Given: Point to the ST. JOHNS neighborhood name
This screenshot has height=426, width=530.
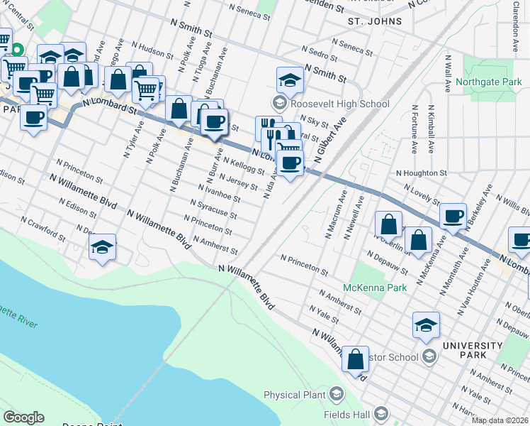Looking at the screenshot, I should [374, 21].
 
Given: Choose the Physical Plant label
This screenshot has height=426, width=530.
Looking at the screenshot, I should [293, 395].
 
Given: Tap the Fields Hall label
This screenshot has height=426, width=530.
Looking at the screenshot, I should [346, 413].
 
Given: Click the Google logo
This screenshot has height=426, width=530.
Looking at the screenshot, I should [23, 417].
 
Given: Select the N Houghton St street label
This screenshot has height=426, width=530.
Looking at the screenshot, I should [422, 173].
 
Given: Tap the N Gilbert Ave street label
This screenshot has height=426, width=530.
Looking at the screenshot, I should [327, 141].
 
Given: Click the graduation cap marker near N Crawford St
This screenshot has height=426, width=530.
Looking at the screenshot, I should [103, 247].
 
